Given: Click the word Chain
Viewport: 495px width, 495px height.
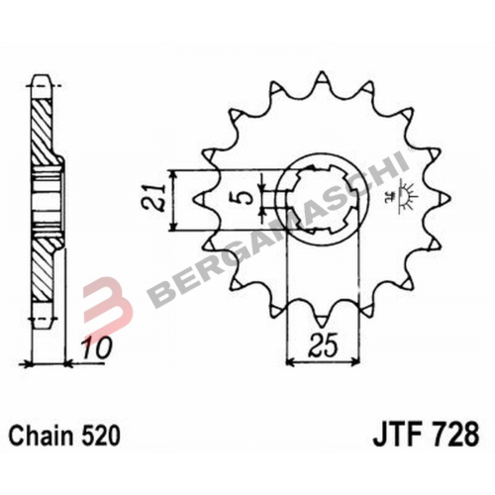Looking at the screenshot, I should click(x=39, y=435).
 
